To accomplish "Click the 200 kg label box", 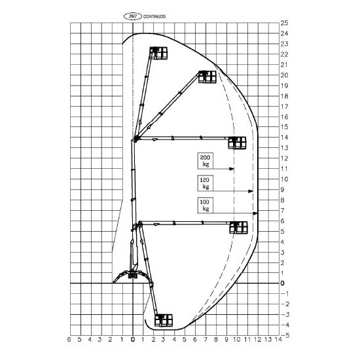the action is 206,161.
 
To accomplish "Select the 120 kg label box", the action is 206,183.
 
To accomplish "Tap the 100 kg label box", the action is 206,206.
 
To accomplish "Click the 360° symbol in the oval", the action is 133,16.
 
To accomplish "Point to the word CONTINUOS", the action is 154,16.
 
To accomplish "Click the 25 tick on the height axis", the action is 284,23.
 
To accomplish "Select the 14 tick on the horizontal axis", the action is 278,339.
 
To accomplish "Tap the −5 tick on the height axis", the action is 285,335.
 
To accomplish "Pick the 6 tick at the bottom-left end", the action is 69,339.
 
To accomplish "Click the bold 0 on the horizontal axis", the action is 133,339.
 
